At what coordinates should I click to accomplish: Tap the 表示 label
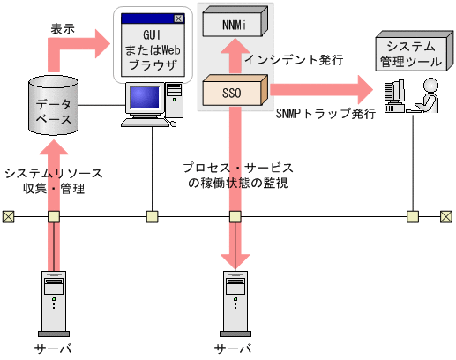tap(63, 28)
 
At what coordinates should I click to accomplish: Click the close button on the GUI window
tap(180, 18)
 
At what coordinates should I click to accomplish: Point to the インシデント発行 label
tap(294, 59)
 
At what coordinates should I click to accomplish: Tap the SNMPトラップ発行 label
tap(326, 114)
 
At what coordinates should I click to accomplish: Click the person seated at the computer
tap(429, 95)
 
